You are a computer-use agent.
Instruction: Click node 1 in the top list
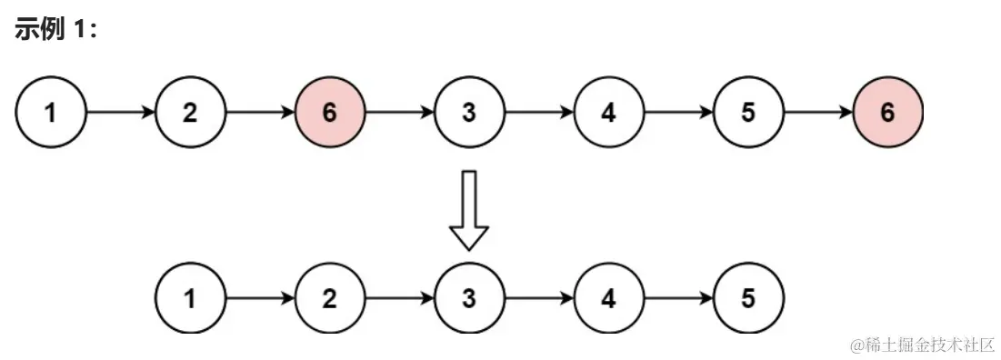(x=50, y=113)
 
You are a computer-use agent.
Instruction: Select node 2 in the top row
(x=190, y=113)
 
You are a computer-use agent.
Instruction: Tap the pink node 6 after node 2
(x=329, y=113)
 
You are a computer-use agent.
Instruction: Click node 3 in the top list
(x=469, y=113)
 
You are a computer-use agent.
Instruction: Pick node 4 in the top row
(x=608, y=113)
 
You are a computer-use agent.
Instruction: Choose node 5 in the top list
(x=748, y=113)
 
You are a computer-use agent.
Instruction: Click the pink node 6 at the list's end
(x=887, y=113)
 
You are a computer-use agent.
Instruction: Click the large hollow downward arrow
(x=469, y=210)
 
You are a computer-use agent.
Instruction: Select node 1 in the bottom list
(x=190, y=299)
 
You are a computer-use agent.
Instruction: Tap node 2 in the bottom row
(x=329, y=299)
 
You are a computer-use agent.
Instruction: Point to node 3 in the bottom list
(x=469, y=299)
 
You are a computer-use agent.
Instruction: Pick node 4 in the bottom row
(x=608, y=299)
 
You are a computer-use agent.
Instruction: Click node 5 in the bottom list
(x=748, y=299)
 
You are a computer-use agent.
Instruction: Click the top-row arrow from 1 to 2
(x=120, y=113)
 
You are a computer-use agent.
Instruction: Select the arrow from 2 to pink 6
(x=260, y=113)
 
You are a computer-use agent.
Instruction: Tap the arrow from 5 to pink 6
(x=818, y=113)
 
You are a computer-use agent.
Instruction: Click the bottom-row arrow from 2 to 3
(x=399, y=299)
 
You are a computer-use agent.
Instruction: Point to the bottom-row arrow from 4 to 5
(x=678, y=299)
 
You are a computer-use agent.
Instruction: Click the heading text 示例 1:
(x=55, y=29)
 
